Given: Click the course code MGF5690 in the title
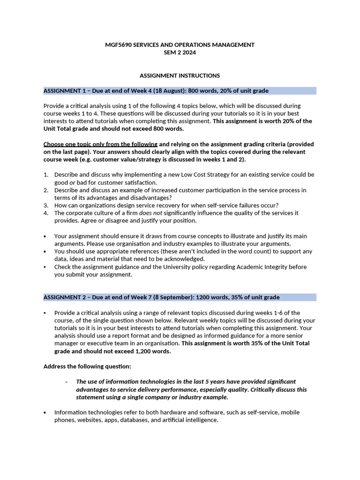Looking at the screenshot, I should tap(118, 45).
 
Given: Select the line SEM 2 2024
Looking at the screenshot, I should tap(180, 52).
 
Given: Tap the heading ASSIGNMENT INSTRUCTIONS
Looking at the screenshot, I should tap(180, 75).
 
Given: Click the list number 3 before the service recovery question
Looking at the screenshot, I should tap(46, 205).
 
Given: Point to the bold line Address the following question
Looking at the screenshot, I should tap(87, 366).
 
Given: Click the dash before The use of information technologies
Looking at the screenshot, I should tap(67, 382).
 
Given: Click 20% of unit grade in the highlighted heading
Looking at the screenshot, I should tap(243, 90).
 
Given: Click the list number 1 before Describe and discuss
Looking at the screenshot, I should tap(46, 175).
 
